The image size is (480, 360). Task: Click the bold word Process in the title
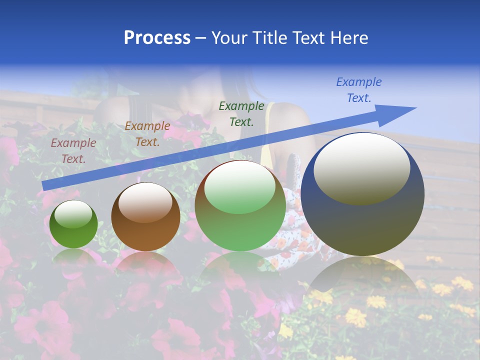157,38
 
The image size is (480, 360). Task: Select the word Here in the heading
348,38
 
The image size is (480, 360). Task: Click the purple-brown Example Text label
73,151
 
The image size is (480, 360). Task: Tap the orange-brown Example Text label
147,134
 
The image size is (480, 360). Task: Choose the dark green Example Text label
241,113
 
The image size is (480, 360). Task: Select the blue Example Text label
359,89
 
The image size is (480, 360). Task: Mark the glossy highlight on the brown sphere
145,202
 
